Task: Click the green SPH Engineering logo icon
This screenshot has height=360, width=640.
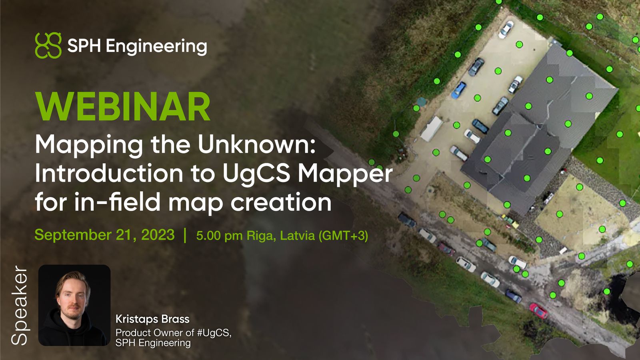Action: pos(48,45)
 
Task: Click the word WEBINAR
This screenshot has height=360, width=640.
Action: pos(123,107)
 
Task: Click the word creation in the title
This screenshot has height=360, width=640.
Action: pos(281,202)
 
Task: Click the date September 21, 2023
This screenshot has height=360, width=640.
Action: pos(104,235)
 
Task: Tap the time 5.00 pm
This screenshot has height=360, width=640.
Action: pos(219,236)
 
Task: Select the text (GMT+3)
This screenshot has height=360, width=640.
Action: pos(343,236)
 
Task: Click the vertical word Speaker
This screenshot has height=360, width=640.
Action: pos(19,305)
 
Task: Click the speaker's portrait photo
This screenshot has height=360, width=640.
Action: pos(74,305)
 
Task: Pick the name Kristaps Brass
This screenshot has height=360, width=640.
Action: pos(152,319)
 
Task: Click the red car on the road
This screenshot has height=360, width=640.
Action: pos(538,310)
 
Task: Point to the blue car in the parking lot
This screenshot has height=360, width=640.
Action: pos(458,90)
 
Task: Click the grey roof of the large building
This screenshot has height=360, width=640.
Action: pos(536,128)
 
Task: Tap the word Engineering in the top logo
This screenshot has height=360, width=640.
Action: pos(156,46)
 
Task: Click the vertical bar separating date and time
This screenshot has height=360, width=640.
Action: pos(185,235)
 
